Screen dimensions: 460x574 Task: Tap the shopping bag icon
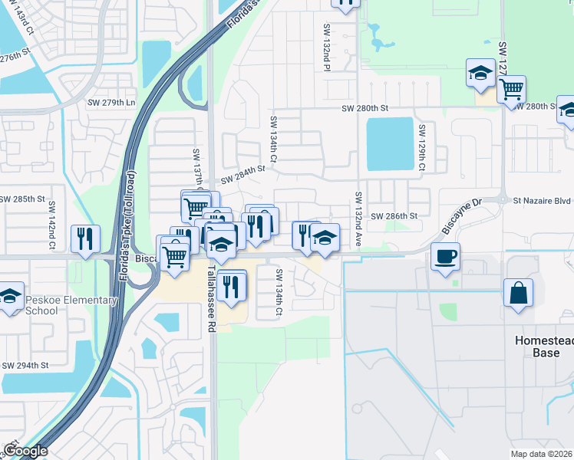pos(518,293)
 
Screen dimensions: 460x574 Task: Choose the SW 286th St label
pos(394,216)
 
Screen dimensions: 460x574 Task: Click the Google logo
pos(25,451)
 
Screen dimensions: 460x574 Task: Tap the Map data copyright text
pos(542,454)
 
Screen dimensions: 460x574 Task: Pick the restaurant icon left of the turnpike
pos(84,238)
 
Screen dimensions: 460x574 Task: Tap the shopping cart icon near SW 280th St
pos(510,89)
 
